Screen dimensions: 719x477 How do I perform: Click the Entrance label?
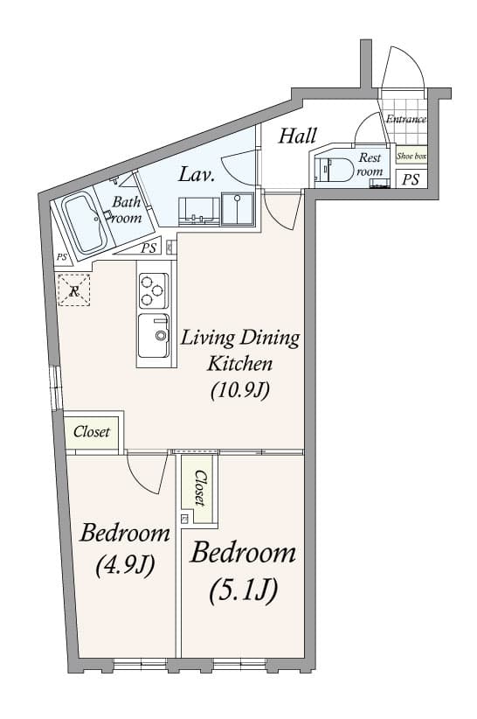[406, 119]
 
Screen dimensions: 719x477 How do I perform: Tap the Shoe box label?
[411, 157]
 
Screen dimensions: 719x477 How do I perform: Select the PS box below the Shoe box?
[410, 179]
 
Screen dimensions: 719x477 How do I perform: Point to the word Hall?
[297, 136]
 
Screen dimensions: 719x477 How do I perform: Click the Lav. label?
[197, 173]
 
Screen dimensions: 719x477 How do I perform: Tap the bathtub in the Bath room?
[85, 224]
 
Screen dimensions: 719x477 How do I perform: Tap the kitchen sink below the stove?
[155, 334]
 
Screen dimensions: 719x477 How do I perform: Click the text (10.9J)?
[238, 390]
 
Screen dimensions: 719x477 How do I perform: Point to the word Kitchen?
[239, 364]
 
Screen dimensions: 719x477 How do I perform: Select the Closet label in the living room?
[92, 432]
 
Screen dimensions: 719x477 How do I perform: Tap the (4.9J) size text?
[124, 564]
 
